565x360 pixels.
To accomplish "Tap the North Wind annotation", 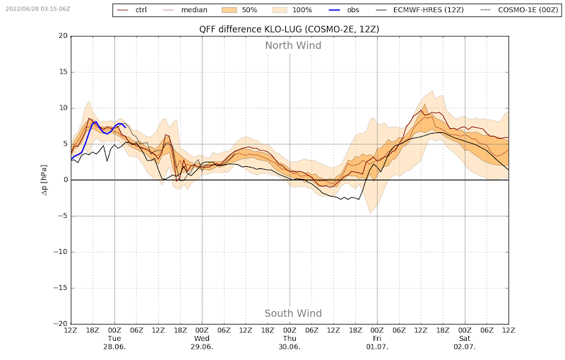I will coord(293,45).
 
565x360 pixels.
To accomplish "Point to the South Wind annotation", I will coord(293,313).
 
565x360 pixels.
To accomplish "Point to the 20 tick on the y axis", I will coord(62,36).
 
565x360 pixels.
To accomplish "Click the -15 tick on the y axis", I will coord(60,288).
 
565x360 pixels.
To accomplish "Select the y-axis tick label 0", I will coord(64,180).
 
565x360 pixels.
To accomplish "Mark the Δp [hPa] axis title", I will coord(44,180).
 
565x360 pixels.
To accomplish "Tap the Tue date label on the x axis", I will coord(114,339).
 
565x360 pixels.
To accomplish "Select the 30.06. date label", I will coord(290,347).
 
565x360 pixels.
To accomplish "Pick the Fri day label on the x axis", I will coord(377,339).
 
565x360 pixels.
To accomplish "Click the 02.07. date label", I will coord(465,347).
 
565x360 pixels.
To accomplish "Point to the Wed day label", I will coord(202,339).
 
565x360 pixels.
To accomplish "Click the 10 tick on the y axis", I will coord(62,108).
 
